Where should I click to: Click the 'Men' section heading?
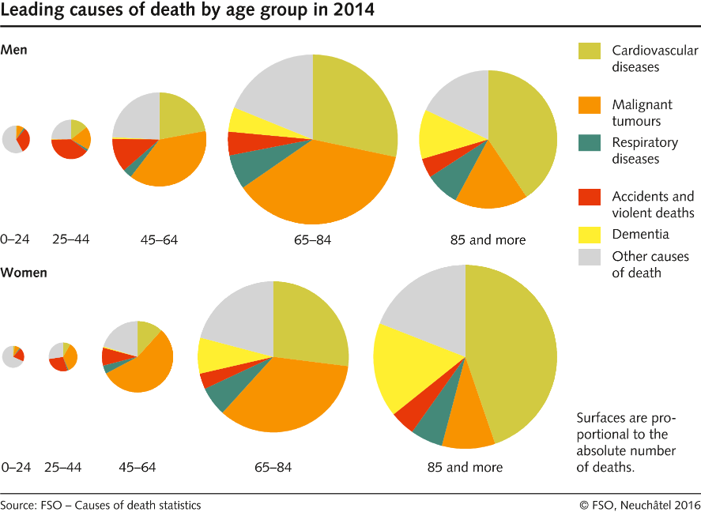point(14,50)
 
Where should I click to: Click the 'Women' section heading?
point(24,273)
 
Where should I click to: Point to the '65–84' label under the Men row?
point(312,239)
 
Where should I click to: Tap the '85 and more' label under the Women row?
point(465,467)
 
